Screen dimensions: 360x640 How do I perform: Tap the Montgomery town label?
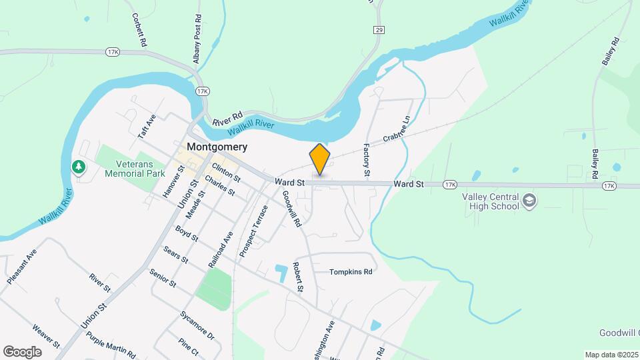click(217, 147)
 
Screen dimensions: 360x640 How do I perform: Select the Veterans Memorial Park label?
click(134, 169)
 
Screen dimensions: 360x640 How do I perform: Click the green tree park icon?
click(79, 166)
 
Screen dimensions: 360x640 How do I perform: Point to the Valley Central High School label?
click(491, 201)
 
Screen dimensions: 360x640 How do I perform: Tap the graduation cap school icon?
click(530, 201)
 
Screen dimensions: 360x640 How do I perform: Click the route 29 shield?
click(379, 30)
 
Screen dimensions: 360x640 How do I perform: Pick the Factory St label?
click(367, 159)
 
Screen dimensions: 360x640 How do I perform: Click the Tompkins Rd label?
click(351, 272)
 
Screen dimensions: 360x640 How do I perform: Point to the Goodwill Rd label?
click(291, 207)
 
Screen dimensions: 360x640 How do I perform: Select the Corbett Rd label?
click(139, 30)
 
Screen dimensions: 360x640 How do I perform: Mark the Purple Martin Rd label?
click(111, 345)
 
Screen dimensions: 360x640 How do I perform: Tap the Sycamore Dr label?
click(197, 325)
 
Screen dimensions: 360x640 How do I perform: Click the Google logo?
click(22, 352)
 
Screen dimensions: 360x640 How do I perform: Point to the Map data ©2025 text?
click(611, 355)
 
